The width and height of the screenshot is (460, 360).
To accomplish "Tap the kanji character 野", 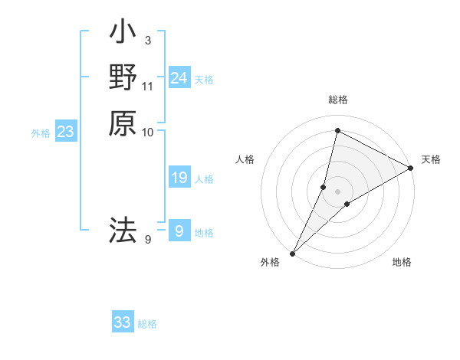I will pos(123,77).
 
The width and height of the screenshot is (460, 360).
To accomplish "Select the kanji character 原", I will pos(123,123).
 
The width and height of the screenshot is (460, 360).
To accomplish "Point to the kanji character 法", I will pos(123,229).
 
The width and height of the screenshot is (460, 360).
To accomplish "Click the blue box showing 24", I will pos(179,77).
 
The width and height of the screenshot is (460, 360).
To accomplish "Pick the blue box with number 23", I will pos(66,132).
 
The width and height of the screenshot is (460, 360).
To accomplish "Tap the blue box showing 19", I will pos(179,178).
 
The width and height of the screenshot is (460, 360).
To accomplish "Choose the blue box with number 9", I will pos(179,230).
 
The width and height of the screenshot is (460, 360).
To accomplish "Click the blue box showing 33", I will pos(123,322).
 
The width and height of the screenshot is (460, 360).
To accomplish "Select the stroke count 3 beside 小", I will pos(147,40).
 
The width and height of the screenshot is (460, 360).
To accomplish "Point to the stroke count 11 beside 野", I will pos(148,85).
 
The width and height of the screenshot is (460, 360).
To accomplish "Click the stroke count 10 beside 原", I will pos(148,132).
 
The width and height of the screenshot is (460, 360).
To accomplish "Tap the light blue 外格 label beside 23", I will pos(41,133).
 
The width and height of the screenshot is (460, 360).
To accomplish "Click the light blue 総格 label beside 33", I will pos(147,324).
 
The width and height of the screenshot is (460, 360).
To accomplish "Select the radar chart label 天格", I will pos(431,159).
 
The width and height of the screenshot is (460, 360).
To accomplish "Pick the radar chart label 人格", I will pos(245,159).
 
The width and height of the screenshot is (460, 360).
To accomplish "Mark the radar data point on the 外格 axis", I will pos(293,253).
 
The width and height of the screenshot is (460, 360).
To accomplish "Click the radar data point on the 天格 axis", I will pos(411,168).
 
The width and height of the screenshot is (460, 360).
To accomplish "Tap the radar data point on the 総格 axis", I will pos(337,130).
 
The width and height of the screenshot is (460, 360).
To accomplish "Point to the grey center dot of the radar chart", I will pos(337,191).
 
